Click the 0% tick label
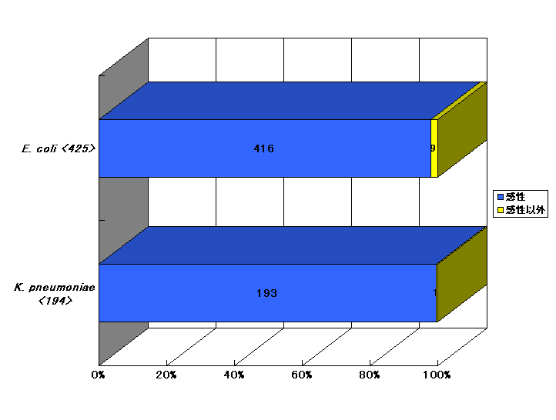point(99,375)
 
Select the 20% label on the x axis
point(166,375)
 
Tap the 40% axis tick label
point(234,375)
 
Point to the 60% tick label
point(302,375)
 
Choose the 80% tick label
point(370,375)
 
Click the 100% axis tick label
point(437,375)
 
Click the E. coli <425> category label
point(59,148)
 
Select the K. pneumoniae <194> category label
point(55,294)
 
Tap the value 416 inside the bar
point(264,148)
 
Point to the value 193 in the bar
point(266,293)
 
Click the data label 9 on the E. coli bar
point(433,148)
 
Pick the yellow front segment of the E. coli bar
point(434,148)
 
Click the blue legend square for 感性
point(501,197)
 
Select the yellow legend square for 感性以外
point(501,210)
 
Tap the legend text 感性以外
point(525,210)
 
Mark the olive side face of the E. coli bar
point(462,129)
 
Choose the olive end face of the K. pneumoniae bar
point(462,274)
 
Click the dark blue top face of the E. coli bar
point(290,101)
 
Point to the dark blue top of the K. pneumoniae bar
point(292,245)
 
